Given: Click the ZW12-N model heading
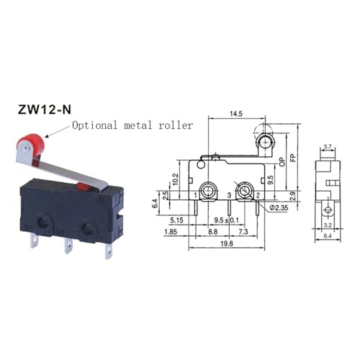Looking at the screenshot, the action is coord(45,109).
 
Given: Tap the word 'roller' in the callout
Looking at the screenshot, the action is coord(176,125).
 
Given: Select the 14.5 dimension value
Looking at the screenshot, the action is coord(236,114).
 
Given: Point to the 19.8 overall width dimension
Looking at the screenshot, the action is coord(227,244).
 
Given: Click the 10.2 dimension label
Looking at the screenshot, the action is coord(176,179).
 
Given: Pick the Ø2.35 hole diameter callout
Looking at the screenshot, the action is coord(279,207).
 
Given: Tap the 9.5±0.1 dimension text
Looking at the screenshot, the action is coord(227,220).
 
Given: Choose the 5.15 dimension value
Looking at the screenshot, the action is coord(176,220).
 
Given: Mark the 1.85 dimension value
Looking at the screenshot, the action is coord(171,232).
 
